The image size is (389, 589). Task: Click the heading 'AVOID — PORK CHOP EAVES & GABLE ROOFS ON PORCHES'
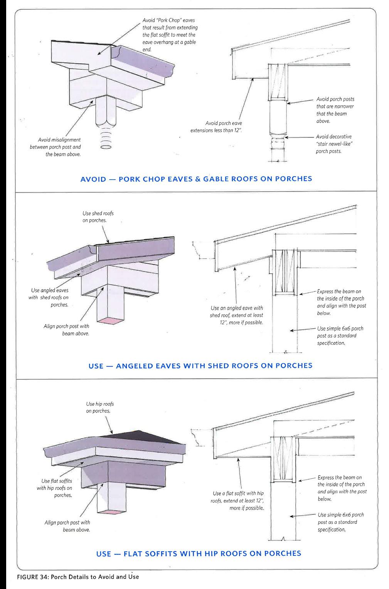click(196, 179)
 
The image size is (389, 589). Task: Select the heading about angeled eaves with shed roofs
click(200, 365)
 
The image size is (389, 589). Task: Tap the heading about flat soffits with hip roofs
click(199, 554)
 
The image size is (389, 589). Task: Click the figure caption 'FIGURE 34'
click(77, 577)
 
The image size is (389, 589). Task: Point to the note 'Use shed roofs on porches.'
click(98, 217)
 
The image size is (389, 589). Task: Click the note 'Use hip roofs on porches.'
click(99, 407)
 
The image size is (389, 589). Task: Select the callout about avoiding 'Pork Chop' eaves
click(170, 35)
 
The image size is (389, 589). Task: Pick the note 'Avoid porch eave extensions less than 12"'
click(216, 127)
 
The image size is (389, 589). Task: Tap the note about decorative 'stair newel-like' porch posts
click(334, 144)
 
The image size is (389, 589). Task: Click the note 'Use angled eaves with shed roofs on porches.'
click(49, 297)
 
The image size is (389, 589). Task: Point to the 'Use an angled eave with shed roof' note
click(236, 315)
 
